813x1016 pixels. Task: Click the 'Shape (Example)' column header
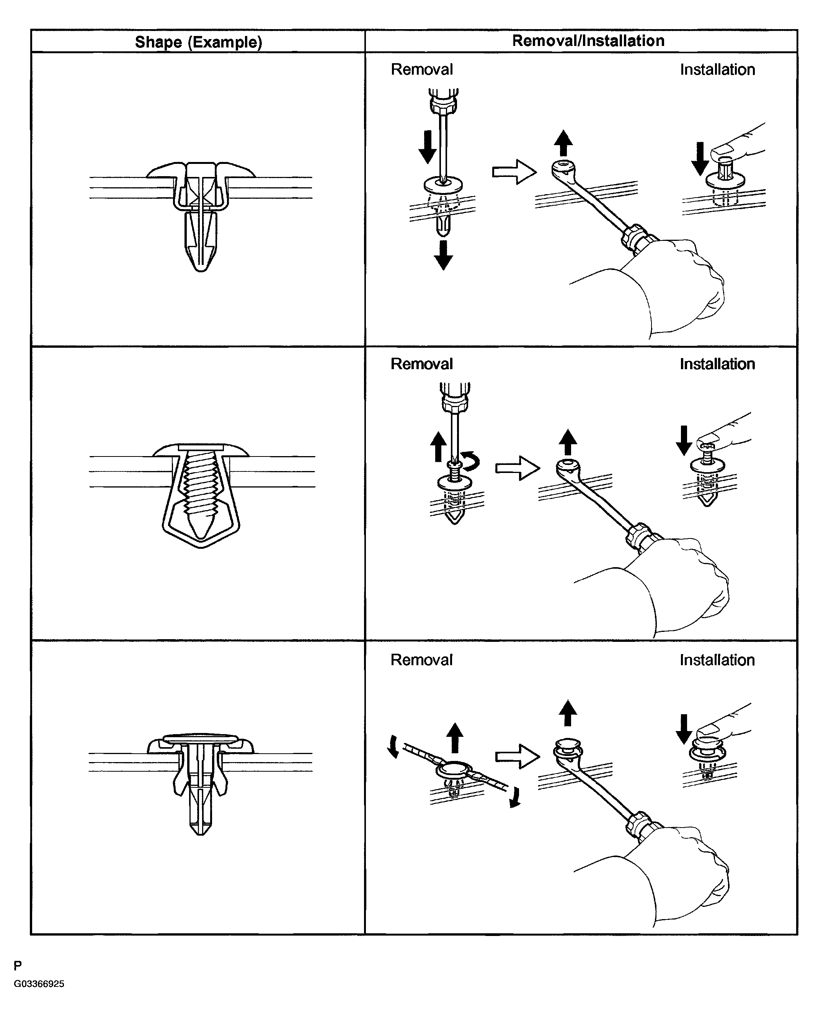click(x=198, y=42)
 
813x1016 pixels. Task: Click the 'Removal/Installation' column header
click(x=588, y=41)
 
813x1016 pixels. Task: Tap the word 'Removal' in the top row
click(x=421, y=69)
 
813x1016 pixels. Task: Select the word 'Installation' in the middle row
click(x=717, y=364)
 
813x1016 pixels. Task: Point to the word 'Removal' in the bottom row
click(x=421, y=660)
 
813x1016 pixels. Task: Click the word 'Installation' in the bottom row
click(x=717, y=660)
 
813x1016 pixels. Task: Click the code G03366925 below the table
click(x=39, y=983)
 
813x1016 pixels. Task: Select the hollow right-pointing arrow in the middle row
click(x=517, y=468)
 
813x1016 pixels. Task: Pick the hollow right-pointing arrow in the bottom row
click(x=517, y=756)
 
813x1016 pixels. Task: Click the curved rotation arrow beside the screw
click(x=471, y=461)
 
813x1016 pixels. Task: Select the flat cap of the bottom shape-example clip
click(x=200, y=738)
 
